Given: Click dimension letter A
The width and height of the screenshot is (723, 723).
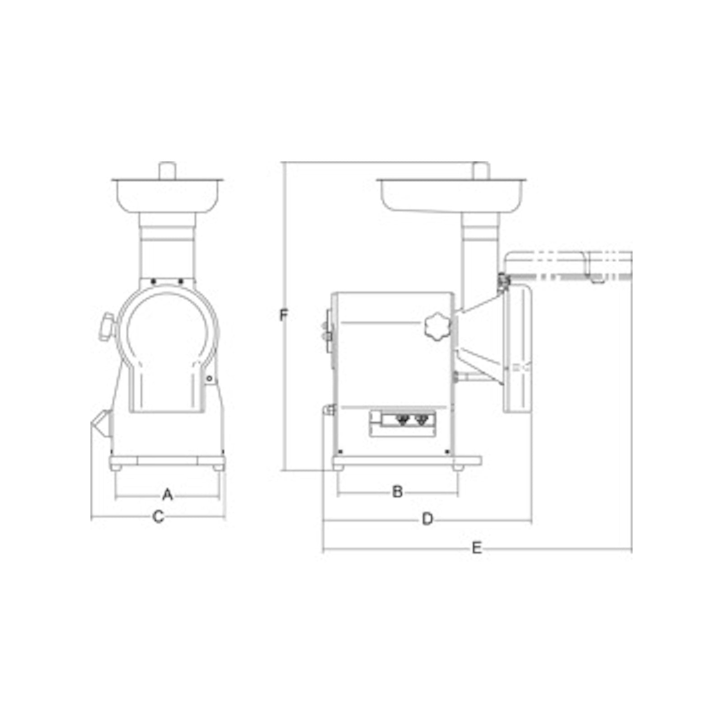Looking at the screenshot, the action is tap(168, 494).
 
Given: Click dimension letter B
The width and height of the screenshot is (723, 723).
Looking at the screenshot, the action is tap(398, 492).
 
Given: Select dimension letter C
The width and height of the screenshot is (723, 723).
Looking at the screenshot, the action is tap(158, 516).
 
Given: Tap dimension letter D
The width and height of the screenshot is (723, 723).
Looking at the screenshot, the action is tap(427, 519).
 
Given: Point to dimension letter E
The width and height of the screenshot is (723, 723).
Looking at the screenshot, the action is tap(477, 548).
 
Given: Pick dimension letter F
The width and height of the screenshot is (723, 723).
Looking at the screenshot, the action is tap(283, 315).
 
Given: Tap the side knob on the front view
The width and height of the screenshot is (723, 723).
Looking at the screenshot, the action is tap(107, 326).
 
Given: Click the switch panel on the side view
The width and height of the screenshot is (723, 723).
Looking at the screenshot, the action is tap(403, 423).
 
